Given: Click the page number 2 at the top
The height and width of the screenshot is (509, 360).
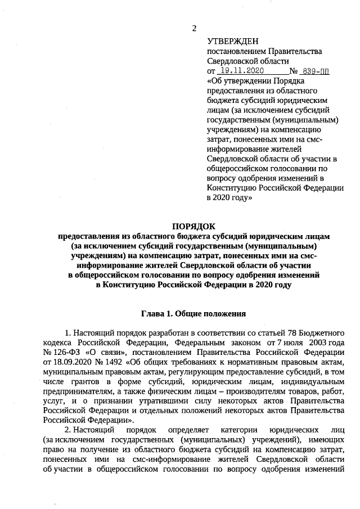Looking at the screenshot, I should (x=194, y=28).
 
